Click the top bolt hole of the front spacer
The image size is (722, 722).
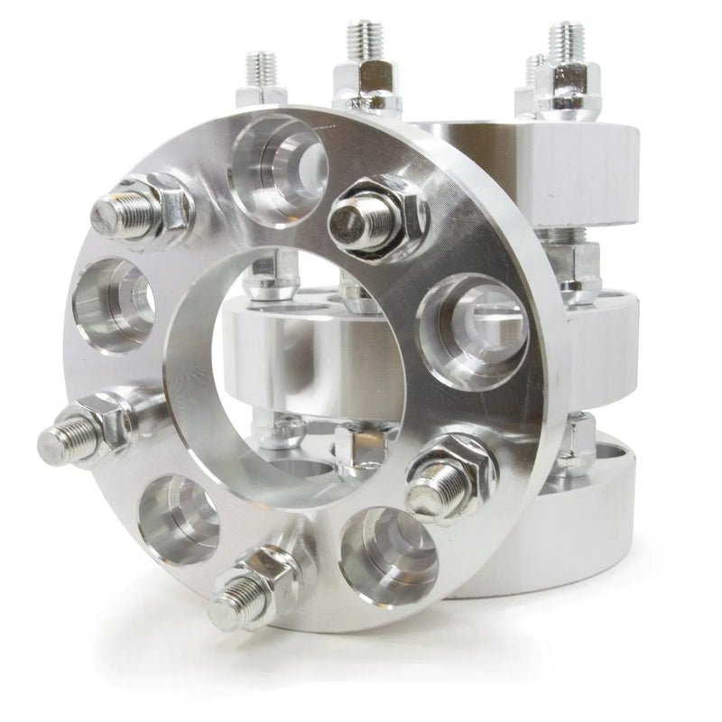pos(275,162)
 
